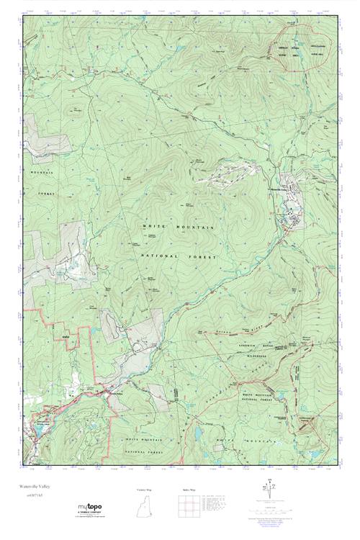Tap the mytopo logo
(x=93, y=506)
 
